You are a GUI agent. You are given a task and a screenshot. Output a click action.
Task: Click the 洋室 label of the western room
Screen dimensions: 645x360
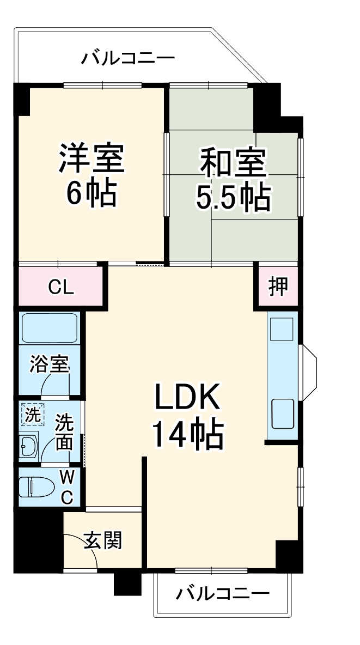point(92,157)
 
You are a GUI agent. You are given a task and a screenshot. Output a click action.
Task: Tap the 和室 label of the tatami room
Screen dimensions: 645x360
point(233,163)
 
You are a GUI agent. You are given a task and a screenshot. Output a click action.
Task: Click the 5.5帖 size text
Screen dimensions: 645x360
point(233,198)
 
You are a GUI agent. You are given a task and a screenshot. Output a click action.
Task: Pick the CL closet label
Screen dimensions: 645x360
point(60,287)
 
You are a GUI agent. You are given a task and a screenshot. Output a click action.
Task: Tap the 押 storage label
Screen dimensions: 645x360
point(278,286)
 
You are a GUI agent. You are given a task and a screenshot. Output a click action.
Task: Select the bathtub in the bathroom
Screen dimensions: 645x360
point(50,329)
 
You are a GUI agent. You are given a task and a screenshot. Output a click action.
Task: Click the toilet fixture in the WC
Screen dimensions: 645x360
point(35,487)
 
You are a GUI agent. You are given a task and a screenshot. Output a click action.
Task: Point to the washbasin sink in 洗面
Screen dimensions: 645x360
point(28,447)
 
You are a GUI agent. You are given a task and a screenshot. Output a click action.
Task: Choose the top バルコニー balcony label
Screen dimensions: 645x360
point(129,58)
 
